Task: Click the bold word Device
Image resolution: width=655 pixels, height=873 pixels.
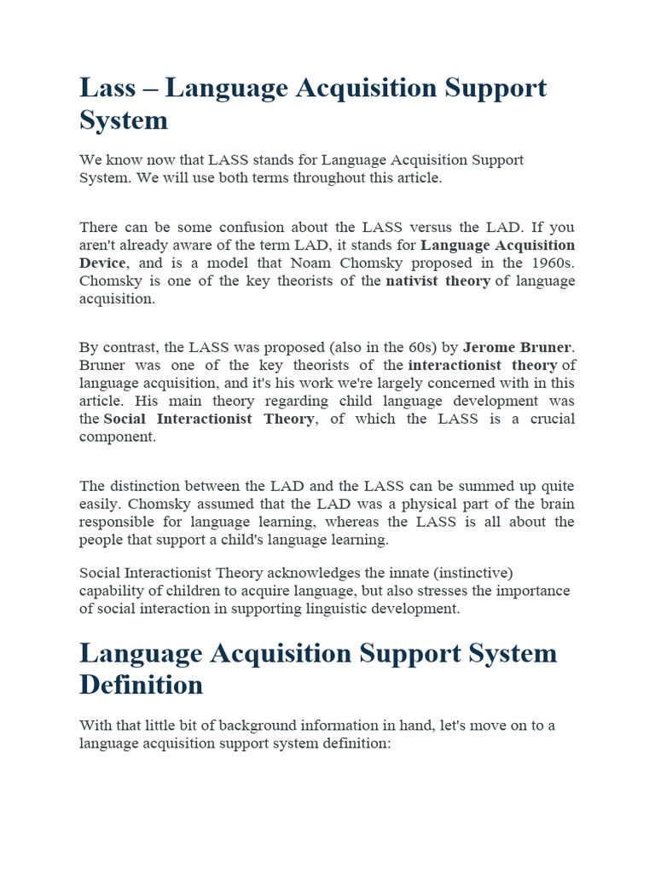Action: [x=102, y=263]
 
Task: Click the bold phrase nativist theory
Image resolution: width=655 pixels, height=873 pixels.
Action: [x=438, y=281]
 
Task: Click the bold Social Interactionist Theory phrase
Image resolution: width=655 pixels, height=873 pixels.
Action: [x=208, y=419]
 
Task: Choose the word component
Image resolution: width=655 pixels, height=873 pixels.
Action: [x=117, y=436]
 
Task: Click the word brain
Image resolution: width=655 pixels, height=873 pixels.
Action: [x=556, y=504]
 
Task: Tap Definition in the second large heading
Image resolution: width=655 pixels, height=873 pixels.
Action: [x=142, y=685]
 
